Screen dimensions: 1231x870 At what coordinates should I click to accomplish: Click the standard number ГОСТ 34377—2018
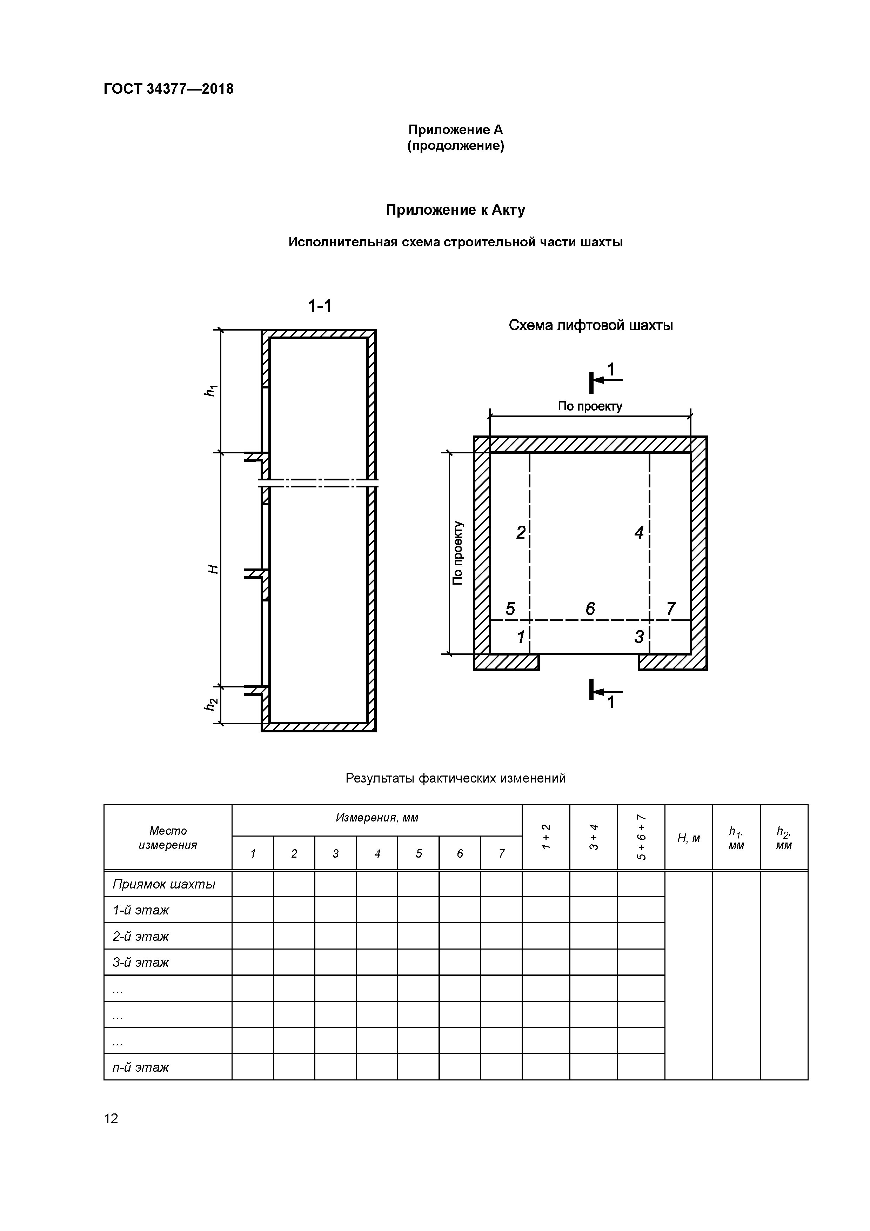click(168, 89)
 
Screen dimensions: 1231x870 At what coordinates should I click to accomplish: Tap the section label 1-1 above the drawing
click(320, 306)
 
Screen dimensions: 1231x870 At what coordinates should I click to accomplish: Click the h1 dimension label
click(211, 391)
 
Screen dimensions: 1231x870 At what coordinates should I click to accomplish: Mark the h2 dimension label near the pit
click(211, 705)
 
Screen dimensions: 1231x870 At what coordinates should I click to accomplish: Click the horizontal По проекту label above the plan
click(590, 406)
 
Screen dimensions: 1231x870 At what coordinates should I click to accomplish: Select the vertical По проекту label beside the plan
click(457, 553)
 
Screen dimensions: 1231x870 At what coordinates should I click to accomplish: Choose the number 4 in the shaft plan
click(638, 532)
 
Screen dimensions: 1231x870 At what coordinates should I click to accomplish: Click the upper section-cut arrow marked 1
click(604, 379)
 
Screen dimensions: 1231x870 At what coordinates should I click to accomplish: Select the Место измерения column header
click(168, 838)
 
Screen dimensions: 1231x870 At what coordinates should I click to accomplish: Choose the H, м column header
click(688, 838)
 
